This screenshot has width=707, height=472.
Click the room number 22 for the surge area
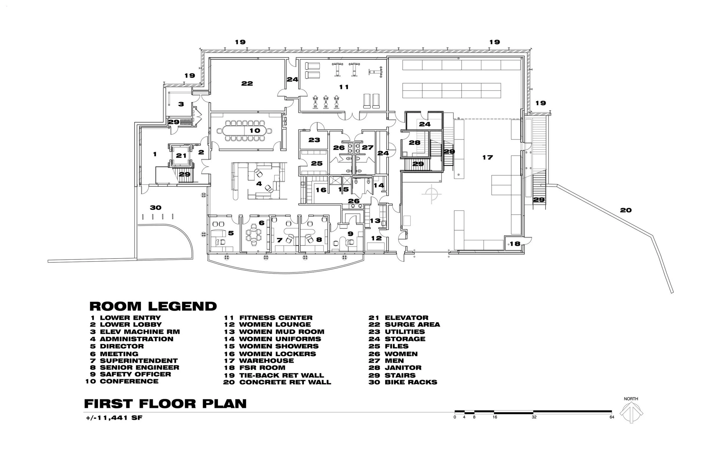pyautogui.click(x=247, y=83)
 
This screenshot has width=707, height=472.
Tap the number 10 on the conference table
pyautogui.click(x=255, y=131)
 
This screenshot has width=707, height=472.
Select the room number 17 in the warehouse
pyautogui.click(x=488, y=157)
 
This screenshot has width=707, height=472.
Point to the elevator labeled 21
pyautogui.click(x=181, y=156)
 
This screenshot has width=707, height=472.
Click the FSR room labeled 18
pyautogui.click(x=515, y=244)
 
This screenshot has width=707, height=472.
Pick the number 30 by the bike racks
pyautogui.click(x=156, y=208)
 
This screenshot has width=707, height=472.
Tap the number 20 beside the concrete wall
pyautogui.click(x=625, y=210)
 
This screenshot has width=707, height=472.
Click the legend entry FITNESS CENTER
pyautogui.click(x=275, y=318)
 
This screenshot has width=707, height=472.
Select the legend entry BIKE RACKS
pyautogui.click(x=410, y=382)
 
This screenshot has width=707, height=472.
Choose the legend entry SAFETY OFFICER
pyautogui.click(x=135, y=374)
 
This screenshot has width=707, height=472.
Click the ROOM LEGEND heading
pyautogui.click(x=153, y=306)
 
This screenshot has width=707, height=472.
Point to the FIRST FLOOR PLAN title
pyautogui.click(x=165, y=404)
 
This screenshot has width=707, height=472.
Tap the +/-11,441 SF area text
pyautogui.click(x=114, y=418)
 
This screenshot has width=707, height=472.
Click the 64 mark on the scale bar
pyautogui.click(x=612, y=417)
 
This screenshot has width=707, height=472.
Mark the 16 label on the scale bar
pyautogui.click(x=494, y=417)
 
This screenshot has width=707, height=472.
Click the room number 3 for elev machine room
pyautogui.click(x=181, y=104)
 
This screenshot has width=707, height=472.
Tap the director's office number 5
pyautogui.click(x=231, y=233)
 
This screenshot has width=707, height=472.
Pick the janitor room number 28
pyautogui.click(x=414, y=142)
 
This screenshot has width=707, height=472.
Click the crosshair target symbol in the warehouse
pyautogui.click(x=432, y=194)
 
